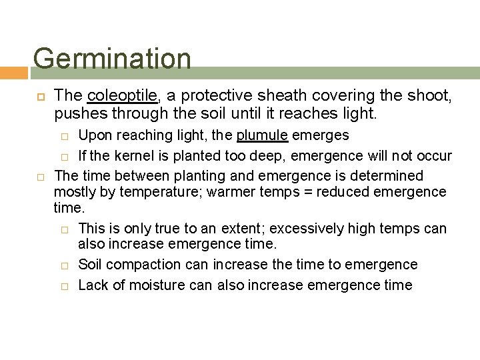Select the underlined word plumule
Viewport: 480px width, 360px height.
(x=262, y=135)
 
